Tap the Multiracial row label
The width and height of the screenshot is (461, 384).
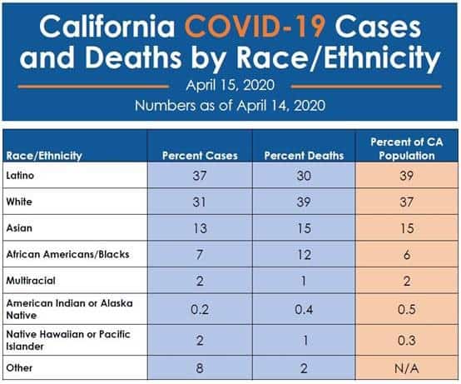(x=31, y=279)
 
